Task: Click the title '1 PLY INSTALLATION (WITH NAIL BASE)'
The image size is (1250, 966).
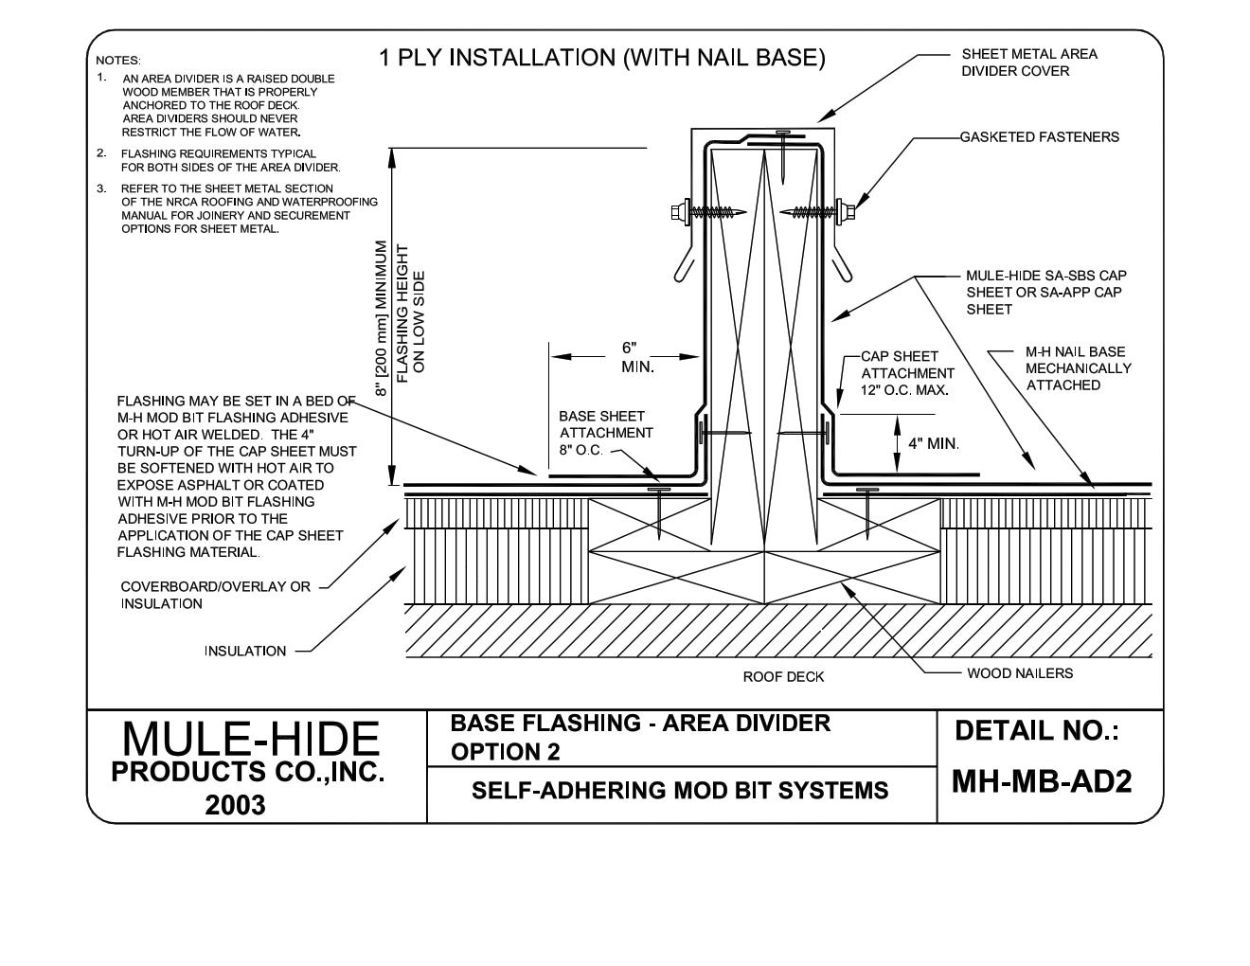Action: (602, 59)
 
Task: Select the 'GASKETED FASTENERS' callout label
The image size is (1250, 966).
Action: (1039, 137)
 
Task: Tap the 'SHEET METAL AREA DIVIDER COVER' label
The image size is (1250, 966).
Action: (1028, 63)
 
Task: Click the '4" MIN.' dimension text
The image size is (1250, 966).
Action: (933, 443)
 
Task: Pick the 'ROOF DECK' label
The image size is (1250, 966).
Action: (783, 677)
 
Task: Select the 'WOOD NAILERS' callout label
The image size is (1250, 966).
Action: (1019, 673)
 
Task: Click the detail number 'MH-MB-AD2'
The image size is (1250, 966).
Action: (1041, 781)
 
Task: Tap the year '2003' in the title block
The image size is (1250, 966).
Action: (235, 805)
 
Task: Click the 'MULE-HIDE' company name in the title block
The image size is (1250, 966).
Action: (251, 739)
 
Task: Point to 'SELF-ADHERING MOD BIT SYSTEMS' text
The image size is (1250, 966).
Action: (680, 790)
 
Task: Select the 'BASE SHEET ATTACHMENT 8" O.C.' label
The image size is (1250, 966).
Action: (605, 433)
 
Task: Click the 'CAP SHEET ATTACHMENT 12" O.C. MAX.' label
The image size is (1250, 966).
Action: (907, 373)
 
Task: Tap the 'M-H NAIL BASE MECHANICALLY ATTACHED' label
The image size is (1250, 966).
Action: (1078, 368)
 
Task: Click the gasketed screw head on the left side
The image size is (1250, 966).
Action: (680, 212)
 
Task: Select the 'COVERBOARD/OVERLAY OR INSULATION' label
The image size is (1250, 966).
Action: (215, 595)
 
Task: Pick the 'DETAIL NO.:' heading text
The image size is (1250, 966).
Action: (1036, 731)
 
